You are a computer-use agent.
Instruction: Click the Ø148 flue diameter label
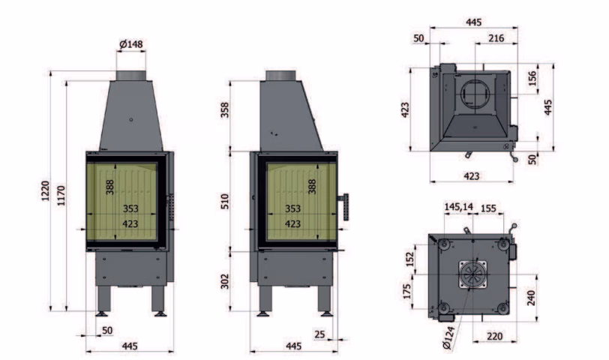[131, 44]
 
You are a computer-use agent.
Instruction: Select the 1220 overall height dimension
[46, 190]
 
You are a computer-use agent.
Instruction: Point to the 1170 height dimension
[61, 195]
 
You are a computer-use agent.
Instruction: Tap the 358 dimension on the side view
[225, 110]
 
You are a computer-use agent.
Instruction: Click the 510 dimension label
[225, 201]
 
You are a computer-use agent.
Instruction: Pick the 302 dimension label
[225, 281]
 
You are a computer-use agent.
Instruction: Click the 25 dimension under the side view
[319, 334]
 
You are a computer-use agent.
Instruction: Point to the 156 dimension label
[532, 78]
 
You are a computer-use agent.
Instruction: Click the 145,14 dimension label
[459, 206]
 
